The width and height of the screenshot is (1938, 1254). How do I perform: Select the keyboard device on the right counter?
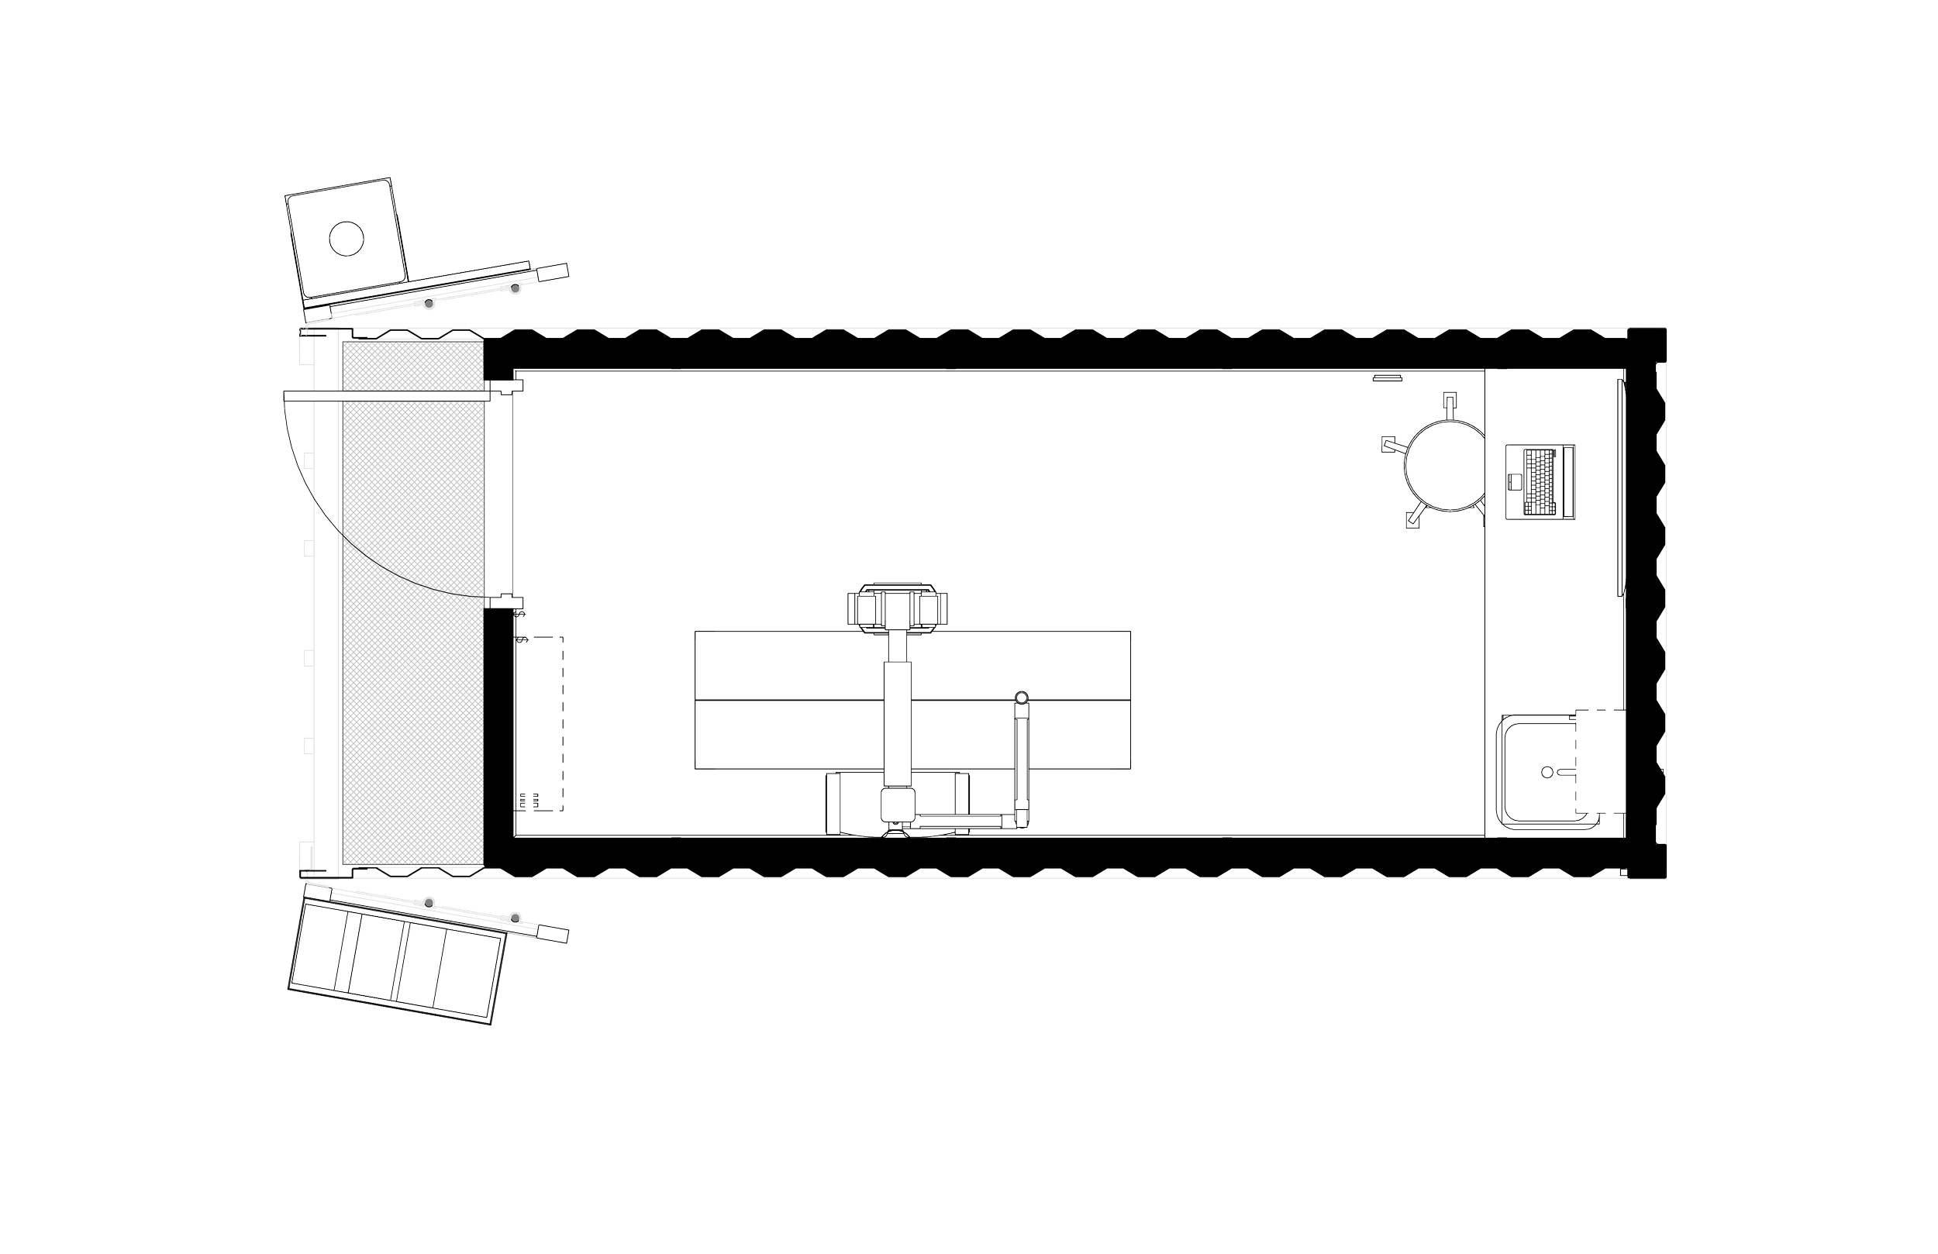pos(1540,482)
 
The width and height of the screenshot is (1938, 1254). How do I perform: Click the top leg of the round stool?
pos(1449,401)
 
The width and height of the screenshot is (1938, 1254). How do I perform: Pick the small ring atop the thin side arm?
pos(1021,696)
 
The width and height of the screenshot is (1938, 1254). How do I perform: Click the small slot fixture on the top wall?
pos(1386,379)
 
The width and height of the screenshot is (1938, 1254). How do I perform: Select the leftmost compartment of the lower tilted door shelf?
pos(319,947)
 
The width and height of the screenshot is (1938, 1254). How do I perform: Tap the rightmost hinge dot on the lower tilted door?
pos(516,916)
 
